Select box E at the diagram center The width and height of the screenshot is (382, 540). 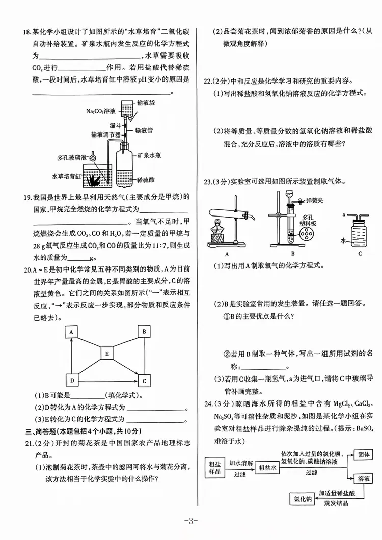(x=107, y=353)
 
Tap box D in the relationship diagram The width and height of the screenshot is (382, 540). (x=72, y=380)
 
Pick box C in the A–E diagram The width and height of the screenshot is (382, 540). (x=145, y=380)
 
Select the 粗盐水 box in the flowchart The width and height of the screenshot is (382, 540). (x=267, y=467)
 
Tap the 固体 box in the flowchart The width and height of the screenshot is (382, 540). (x=363, y=455)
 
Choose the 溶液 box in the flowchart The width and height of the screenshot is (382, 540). (x=363, y=479)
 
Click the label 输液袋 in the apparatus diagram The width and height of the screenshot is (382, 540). (x=148, y=103)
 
